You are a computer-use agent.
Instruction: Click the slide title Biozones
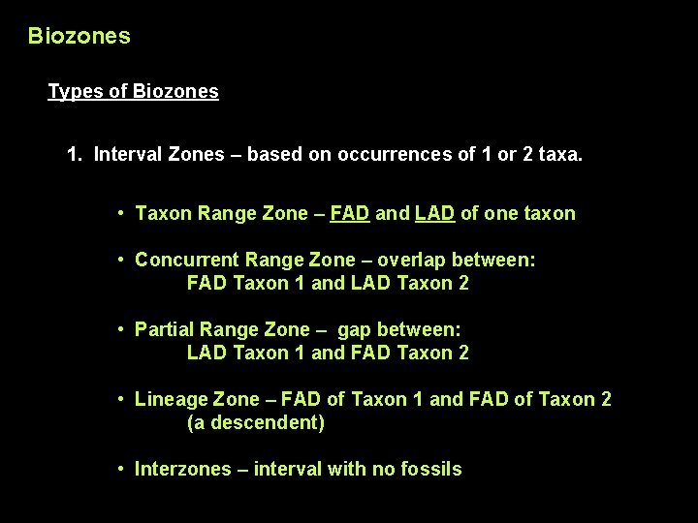point(79,37)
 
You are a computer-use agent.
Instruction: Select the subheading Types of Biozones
point(133,92)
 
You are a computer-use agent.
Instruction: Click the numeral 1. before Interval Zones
point(75,154)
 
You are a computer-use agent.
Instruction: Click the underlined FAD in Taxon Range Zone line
point(349,213)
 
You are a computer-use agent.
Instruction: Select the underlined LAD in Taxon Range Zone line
point(435,213)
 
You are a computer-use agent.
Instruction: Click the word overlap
point(409,260)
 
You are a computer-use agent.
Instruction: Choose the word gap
point(356,329)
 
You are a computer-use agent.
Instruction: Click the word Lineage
point(171,399)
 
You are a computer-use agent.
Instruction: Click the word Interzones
point(182,470)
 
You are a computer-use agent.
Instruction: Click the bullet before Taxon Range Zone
point(120,213)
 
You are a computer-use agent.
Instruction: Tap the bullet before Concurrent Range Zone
point(120,260)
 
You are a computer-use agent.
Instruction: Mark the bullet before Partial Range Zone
point(120,329)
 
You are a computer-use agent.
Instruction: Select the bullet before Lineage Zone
point(120,399)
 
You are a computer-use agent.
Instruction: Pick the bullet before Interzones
point(120,470)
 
